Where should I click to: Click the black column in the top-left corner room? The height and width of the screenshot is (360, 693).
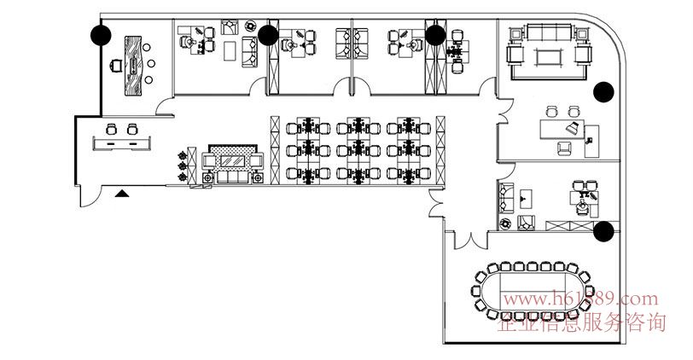(101, 35)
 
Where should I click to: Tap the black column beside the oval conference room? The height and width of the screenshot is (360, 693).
(604, 230)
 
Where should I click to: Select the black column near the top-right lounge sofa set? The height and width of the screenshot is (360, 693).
(604, 90)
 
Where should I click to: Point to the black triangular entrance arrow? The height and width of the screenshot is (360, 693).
(123, 194)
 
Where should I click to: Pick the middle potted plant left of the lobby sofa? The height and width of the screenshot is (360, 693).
(182, 165)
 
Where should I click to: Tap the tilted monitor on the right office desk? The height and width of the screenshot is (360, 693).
(574, 127)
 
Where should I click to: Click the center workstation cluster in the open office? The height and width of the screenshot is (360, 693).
(358, 150)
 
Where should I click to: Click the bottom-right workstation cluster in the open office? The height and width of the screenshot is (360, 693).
(406, 173)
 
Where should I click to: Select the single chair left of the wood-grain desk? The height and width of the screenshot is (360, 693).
(115, 63)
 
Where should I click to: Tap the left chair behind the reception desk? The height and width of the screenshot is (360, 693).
(111, 129)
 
